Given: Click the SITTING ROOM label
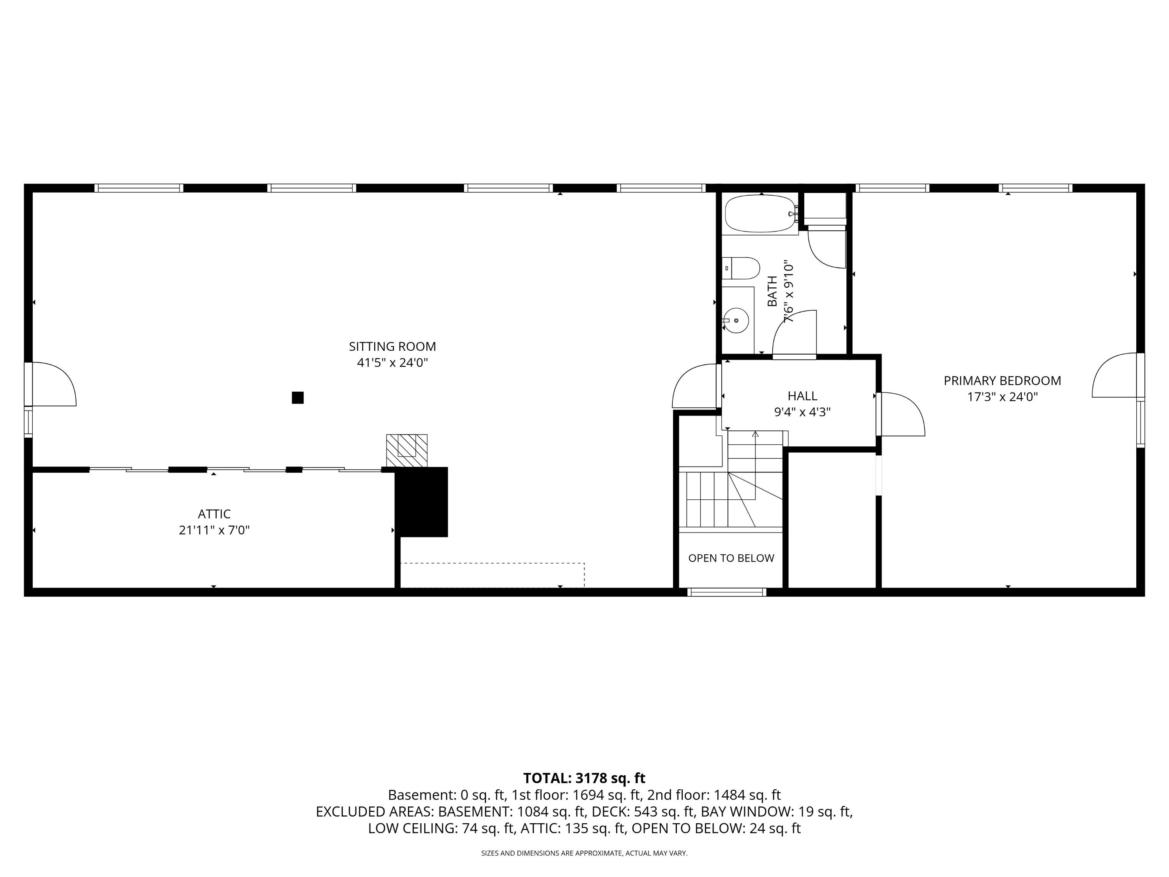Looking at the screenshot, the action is [x=392, y=347].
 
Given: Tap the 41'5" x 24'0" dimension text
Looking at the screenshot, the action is [x=392, y=362].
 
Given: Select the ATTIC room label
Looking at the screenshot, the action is [x=214, y=514].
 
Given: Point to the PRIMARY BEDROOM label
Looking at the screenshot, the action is [x=1002, y=380].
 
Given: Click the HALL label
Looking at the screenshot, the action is [x=802, y=396].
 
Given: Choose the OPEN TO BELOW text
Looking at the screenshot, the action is [x=731, y=558].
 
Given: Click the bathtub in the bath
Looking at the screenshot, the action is [x=761, y=214].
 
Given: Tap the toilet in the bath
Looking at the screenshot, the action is [x=741, y=269].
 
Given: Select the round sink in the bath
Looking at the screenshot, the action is [x=736, y=320].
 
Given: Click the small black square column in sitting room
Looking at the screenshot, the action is [x=298, y=398].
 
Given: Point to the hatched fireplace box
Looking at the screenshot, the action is [x=406, y=451].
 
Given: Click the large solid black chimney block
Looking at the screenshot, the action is [x=422, y=502].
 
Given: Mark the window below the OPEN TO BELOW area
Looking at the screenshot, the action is [x=727, y=592].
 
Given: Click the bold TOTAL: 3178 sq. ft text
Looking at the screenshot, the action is [x=584, y=778].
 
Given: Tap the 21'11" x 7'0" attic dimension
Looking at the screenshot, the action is [x=214, y=530].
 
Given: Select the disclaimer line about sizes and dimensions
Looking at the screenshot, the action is [x=584, y=853].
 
